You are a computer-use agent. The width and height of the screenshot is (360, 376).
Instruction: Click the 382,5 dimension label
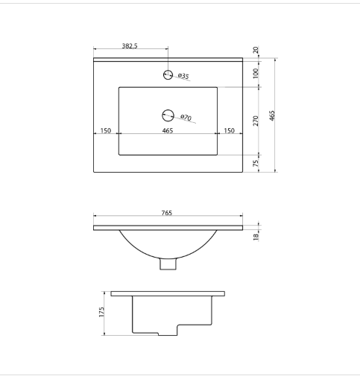point(130,46)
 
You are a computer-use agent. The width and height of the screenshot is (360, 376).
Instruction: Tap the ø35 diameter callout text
point(183,76)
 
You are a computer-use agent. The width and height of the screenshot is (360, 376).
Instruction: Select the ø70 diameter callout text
point(186,118)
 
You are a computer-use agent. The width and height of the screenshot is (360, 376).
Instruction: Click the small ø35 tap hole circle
point(168,74)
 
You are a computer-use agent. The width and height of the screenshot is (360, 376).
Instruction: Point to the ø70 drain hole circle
point(168,115)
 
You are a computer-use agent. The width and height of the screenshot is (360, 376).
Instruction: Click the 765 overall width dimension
point(167,213)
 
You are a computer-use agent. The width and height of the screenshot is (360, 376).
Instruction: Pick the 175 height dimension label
point(101,312)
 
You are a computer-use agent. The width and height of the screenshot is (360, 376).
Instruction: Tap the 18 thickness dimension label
point(256,237)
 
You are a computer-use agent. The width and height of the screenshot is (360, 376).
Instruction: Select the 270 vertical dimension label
point(256,121)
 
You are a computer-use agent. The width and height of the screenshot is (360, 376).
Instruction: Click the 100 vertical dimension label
point(256,74)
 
